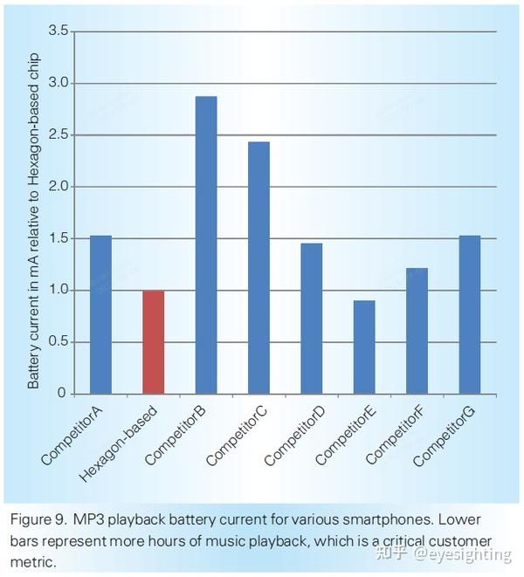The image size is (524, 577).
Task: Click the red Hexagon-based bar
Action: click(x=154, y=342)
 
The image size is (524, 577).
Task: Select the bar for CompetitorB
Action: click(x=206, y=244)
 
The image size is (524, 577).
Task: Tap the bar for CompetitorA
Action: click(x=101, y=314)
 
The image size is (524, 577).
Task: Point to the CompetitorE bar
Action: click(x=364, y=347)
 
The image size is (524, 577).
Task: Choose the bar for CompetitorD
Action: click(x=312, y=318)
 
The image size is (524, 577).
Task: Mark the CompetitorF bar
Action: click(x=417, y=331)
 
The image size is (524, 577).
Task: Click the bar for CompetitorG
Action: click(x=469, y=314)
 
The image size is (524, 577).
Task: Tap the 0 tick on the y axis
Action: click(x=62, y=394)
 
